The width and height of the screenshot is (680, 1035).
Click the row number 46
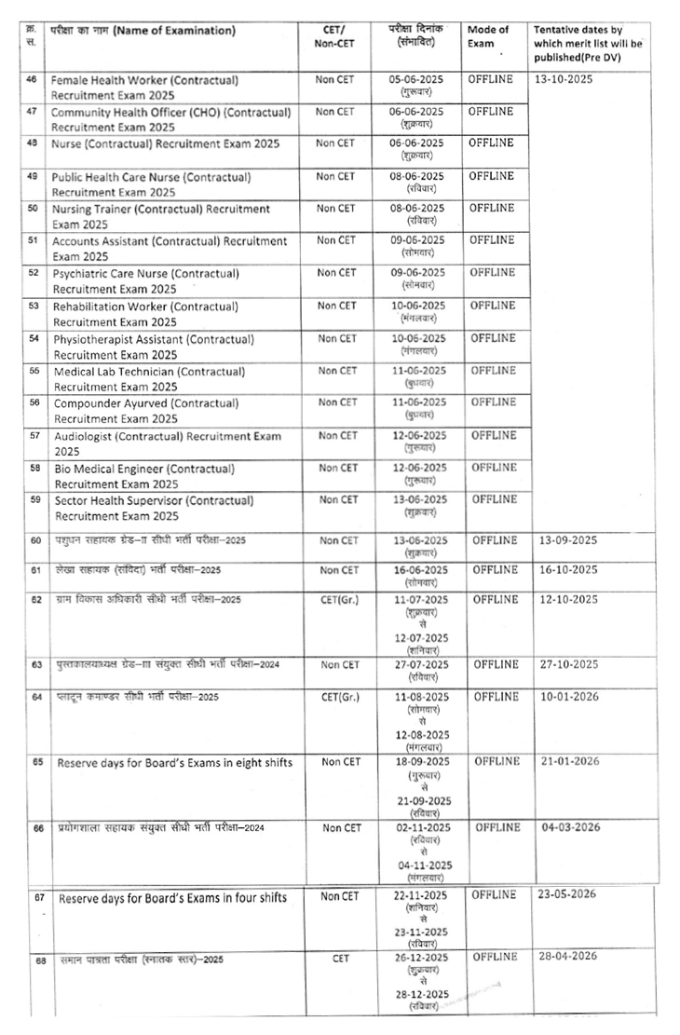tap(32, 80)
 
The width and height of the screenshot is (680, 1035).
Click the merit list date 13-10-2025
tap(564, 79)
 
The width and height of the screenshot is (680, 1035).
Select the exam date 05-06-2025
tap(417, 80)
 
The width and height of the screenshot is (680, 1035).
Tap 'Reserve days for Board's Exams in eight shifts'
tap(174, 763)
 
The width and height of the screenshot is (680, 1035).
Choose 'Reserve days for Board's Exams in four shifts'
tap(172, 899)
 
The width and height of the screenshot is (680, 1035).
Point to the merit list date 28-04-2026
tap(569, 956)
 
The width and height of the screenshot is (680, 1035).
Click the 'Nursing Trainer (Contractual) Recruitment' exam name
tap(162, 208)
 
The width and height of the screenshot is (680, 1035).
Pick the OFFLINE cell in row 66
tap(495, 827)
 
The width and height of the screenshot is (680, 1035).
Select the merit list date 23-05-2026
tap(569, 895)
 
